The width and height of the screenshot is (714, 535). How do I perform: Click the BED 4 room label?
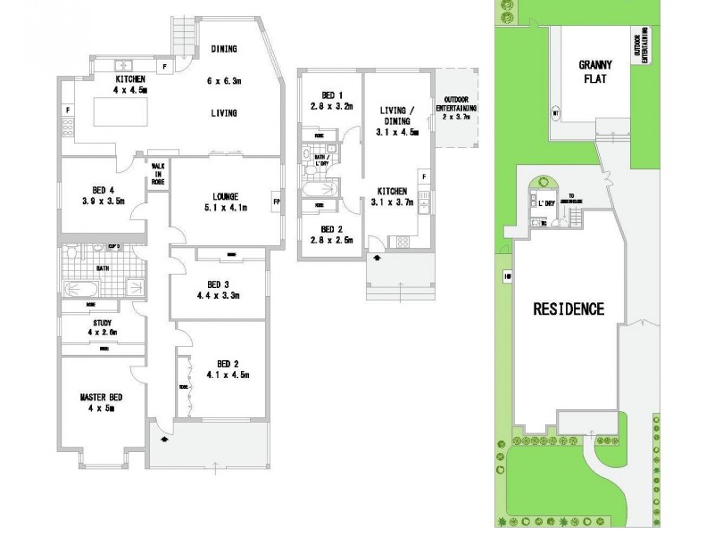pos(102,195)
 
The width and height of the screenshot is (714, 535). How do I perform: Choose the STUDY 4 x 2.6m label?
pos(103,328)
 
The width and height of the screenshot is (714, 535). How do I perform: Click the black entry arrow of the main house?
pos(164,439)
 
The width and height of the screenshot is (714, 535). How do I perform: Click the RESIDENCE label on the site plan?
pos(568,309)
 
